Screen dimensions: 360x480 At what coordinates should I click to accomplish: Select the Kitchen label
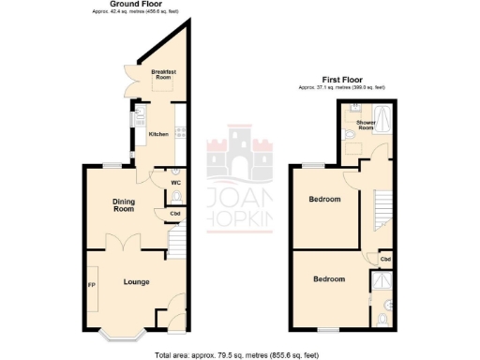(x=158, y=134)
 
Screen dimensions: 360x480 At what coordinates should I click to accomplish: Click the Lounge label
(x=136, y=281)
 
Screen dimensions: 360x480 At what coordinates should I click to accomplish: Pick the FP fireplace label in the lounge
(x=92, y=284)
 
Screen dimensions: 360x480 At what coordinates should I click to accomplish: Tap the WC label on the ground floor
(x=175, y=183)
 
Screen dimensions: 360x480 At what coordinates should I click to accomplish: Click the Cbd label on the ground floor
(x=175, y=215)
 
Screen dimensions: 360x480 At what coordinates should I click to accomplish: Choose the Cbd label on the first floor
(x=384, y=259)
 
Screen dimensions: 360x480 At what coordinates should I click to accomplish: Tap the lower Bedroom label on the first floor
(x=329, y=279)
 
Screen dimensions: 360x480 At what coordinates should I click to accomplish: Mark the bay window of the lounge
(x=119, y=330)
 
